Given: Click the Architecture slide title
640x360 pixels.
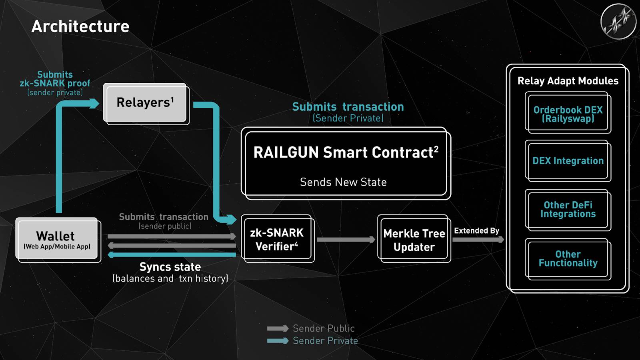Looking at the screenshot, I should point(80,26).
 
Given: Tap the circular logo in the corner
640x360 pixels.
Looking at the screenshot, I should point(618,22).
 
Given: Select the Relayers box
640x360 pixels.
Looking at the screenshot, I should point(145,102).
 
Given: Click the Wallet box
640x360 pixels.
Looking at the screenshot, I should point(57,239).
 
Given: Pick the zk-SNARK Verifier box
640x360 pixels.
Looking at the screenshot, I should point(277,239).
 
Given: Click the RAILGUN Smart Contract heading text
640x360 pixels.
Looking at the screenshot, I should point(346,152).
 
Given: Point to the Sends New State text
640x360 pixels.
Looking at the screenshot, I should point(343,182).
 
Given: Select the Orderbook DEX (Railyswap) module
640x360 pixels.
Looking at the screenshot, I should point(568,114).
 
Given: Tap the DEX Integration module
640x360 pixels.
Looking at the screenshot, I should point(568,161).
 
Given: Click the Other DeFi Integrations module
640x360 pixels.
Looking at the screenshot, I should point(568,209).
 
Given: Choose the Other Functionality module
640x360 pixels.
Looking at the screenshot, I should point(568,258).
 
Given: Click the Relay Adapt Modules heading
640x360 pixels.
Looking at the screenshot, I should point(568,81).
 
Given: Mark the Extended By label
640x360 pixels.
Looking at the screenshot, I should point(476,231).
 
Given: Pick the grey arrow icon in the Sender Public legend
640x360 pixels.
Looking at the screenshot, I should point(278,328).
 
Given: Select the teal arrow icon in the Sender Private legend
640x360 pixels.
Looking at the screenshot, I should point(278,341).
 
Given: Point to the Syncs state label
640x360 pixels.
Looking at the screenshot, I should point(170,267).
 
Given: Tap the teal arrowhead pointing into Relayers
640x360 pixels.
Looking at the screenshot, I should point(94,104).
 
